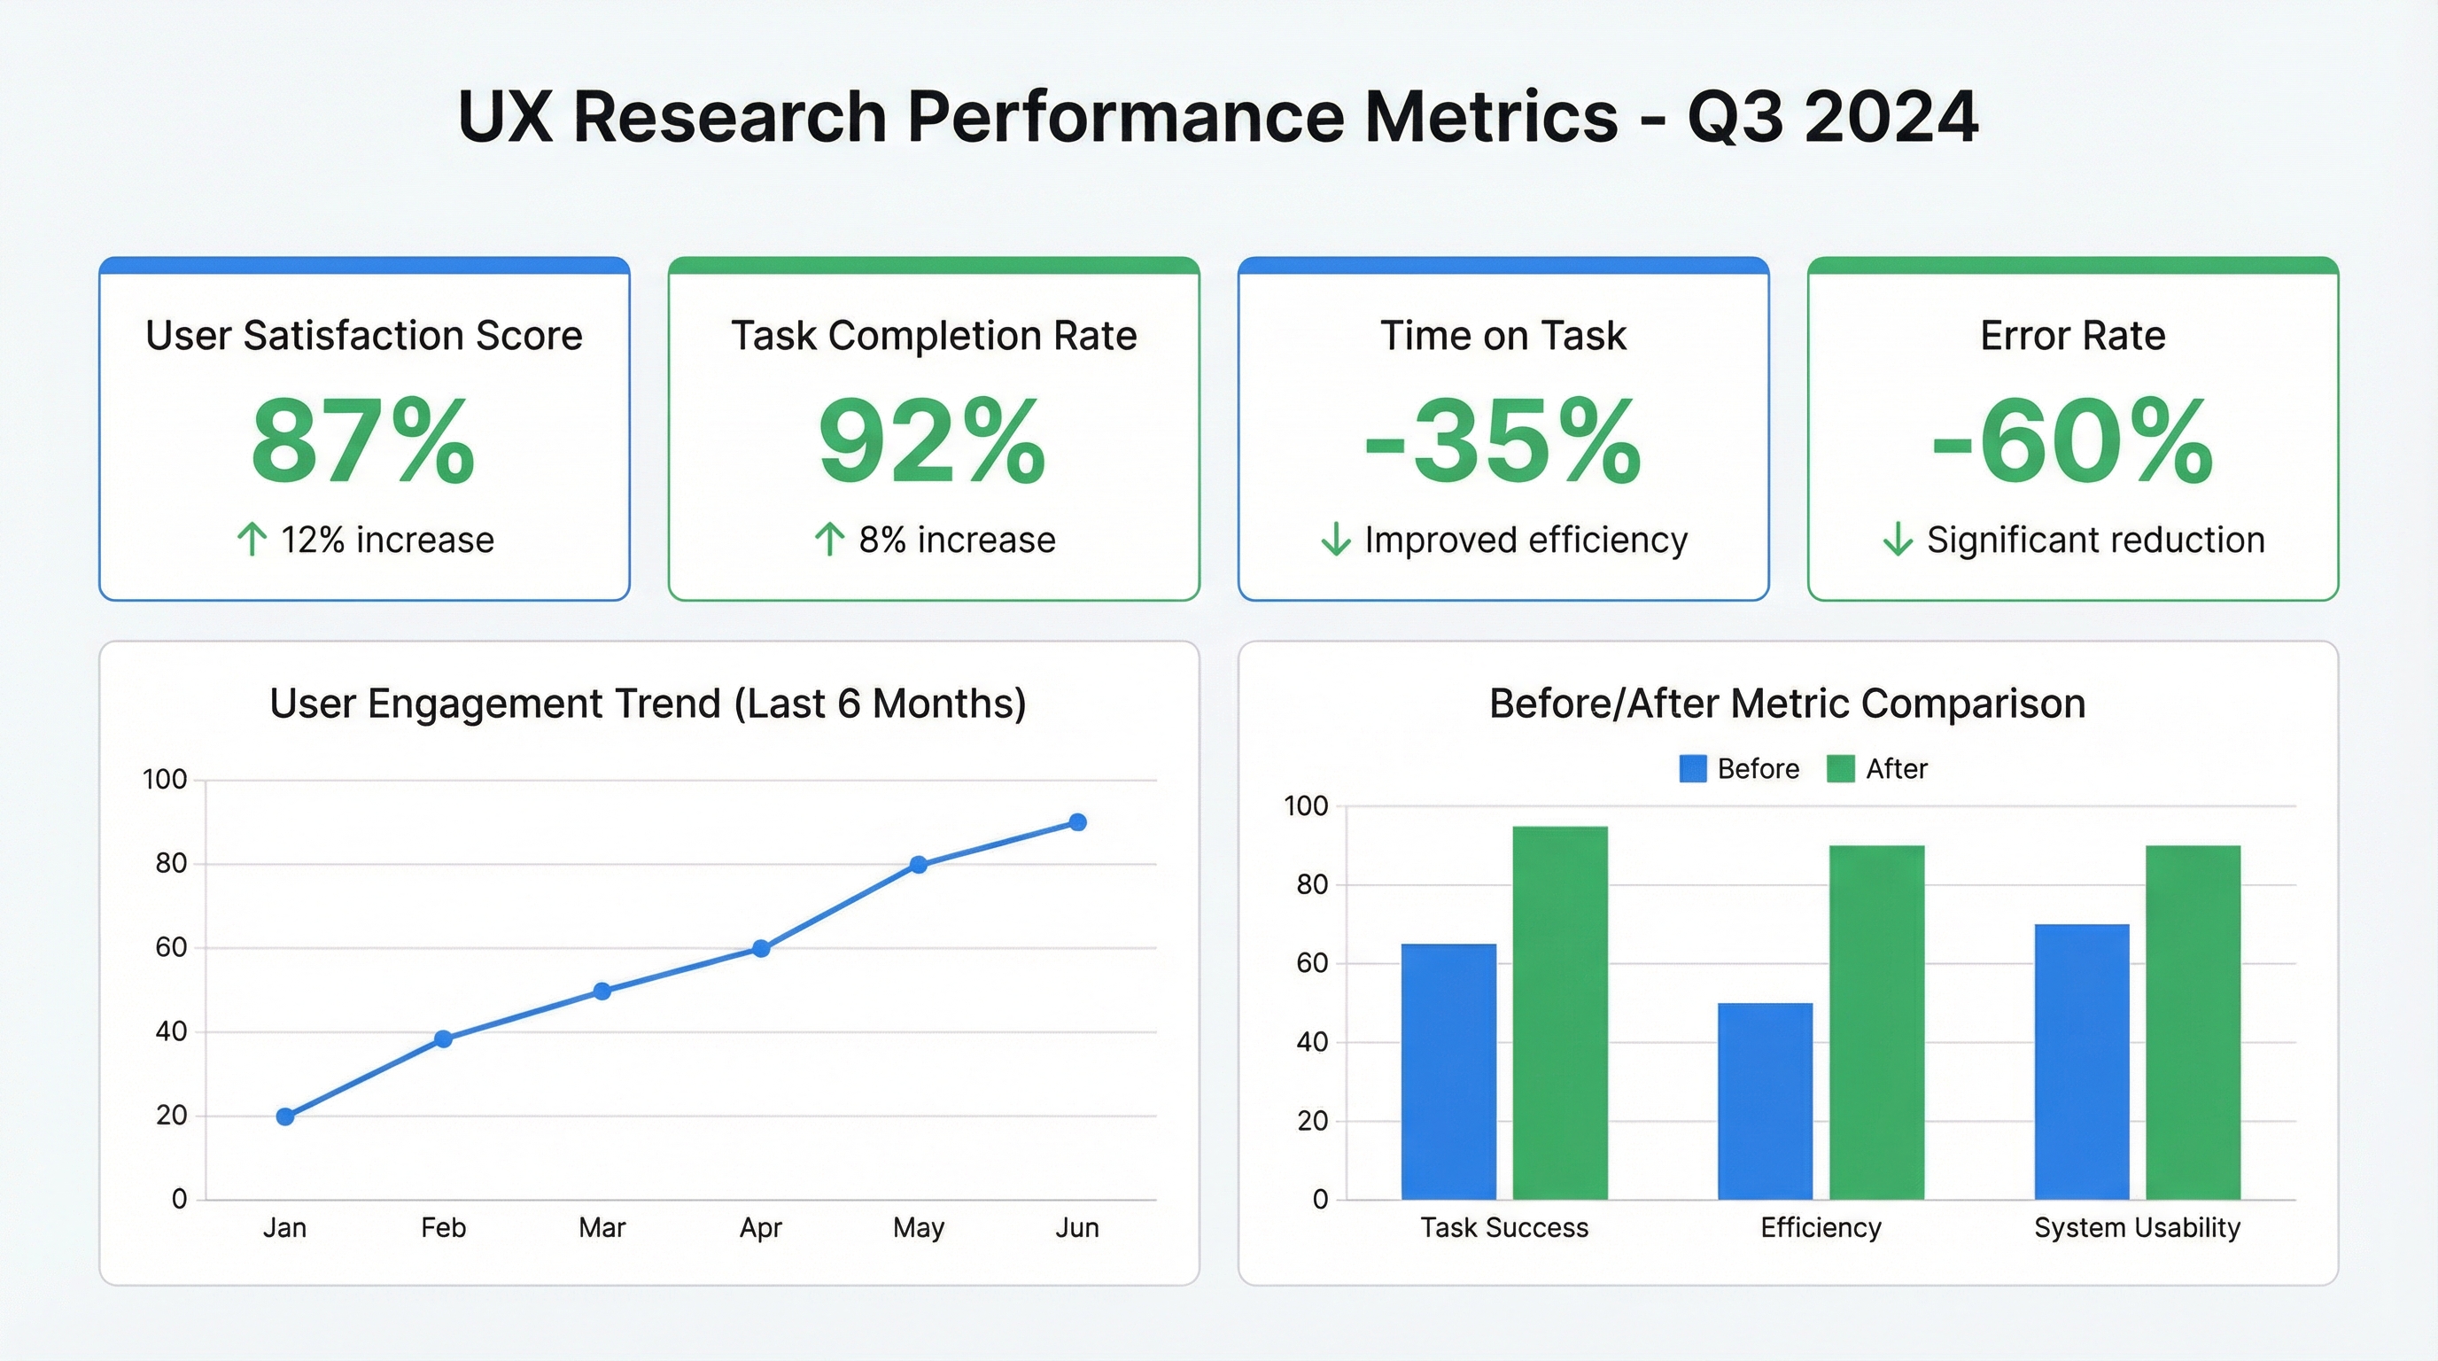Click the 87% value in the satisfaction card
point(362,442)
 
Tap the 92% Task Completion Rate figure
point(932,442)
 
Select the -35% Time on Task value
point(1502,442)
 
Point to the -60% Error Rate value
point(2073,442)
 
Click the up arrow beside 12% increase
point(252,540)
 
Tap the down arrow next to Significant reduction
point(1898,540)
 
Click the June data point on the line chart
point(1077,822)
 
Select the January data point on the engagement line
point(285,1116)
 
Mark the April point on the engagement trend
point(761,948)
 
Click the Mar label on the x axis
point(602,1227)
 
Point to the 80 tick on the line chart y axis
point(171,863)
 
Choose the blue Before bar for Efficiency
point(1765,1100)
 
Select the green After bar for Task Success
point(1560,1013)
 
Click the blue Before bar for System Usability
point(2081,1061)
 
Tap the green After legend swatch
point(1840,768)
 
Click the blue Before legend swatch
point(1692,768)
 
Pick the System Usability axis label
point(2137,1227)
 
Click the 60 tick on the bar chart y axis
point(1313,963)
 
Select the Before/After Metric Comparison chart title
point(1787,704)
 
